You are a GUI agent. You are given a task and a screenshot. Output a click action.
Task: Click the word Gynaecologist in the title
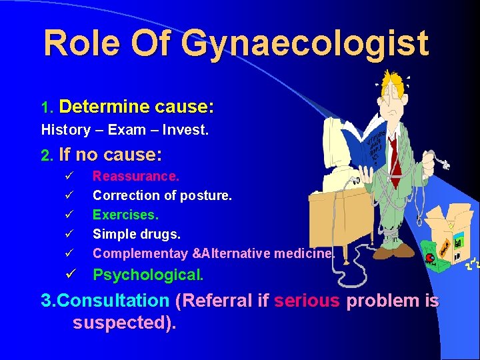305,43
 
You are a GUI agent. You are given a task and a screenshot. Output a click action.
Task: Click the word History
65,131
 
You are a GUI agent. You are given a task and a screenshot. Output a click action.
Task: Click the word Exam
125,131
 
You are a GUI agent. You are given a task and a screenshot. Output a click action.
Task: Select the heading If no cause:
110,155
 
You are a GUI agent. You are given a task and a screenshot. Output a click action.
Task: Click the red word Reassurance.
135,177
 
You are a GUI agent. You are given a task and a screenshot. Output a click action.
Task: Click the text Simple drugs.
137,234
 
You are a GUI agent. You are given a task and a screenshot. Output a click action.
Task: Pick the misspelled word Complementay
139,253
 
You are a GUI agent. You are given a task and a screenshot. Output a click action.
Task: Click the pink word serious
307,301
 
